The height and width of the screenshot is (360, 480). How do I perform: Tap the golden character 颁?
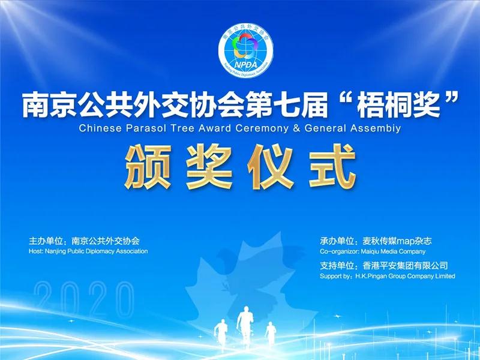150,166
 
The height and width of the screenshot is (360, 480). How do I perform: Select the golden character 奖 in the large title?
212,166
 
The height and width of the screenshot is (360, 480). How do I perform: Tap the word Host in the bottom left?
35,251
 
